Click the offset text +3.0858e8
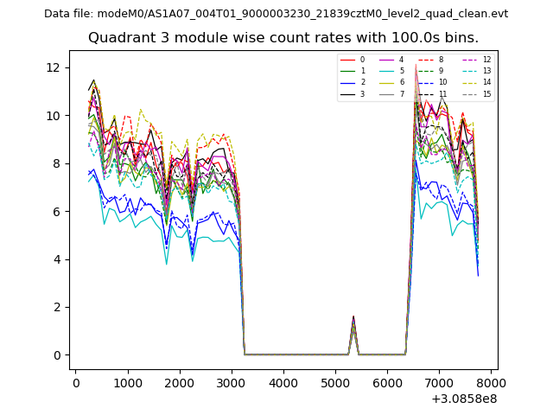(x=464, y=399)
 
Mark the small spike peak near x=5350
(x=353, y=317)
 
